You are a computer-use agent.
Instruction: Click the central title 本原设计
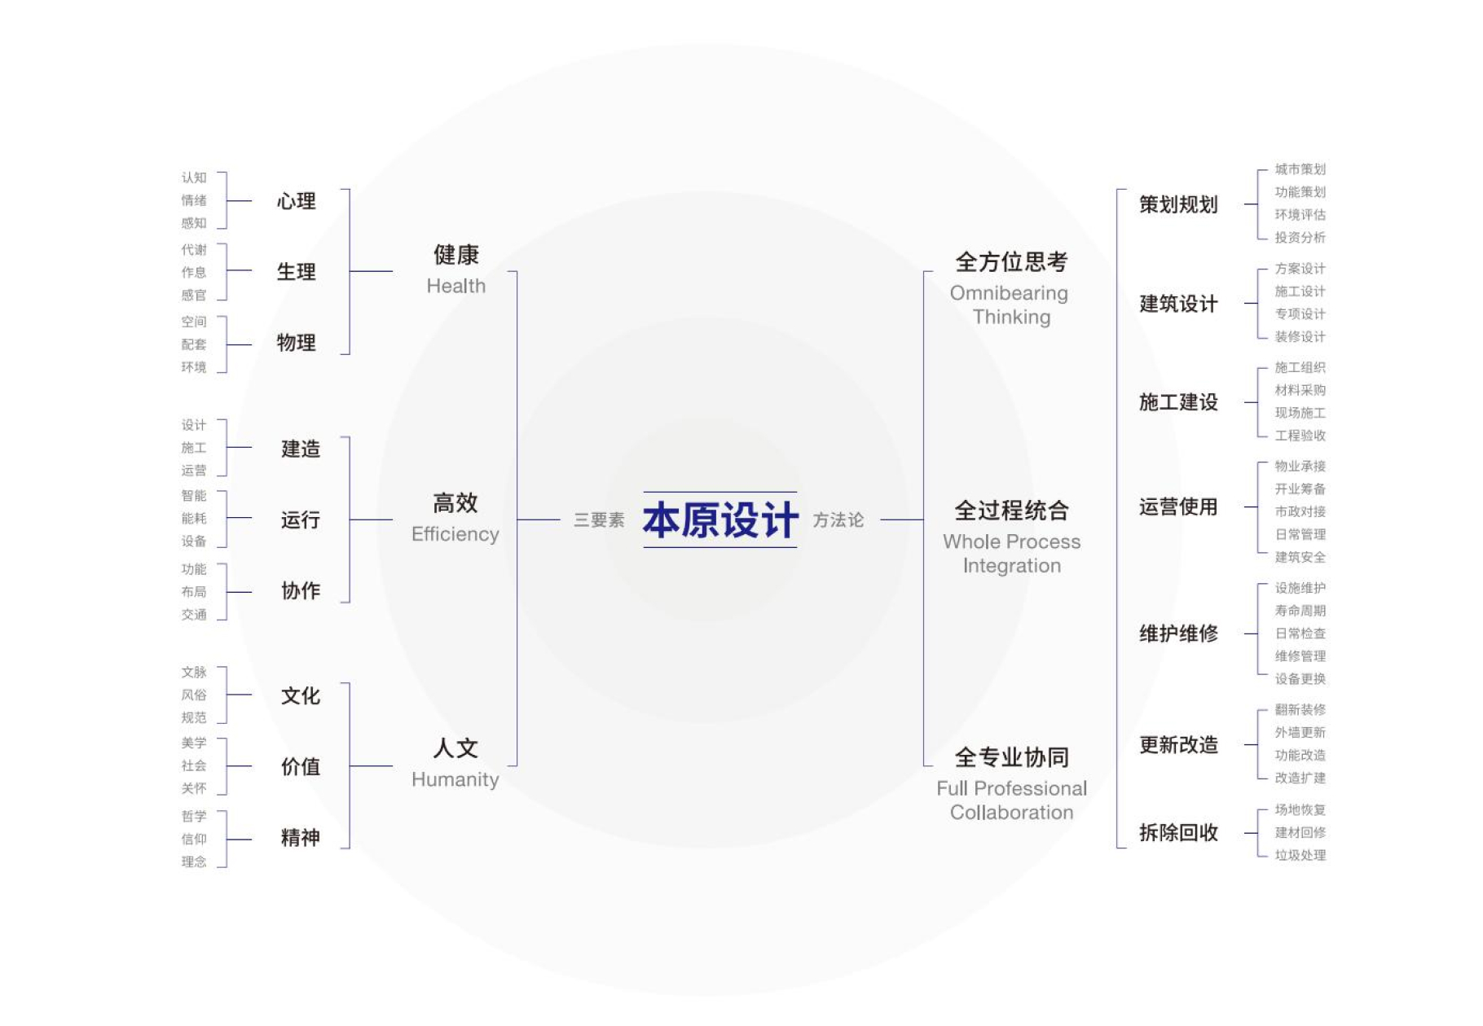pos(720,520)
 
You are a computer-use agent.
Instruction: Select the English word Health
pos(456,286)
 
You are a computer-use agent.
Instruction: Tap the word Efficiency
pos(455,534)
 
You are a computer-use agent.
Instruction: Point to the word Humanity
pos(455,779)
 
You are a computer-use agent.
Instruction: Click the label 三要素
pos(599,520)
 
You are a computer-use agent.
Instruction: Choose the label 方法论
pos(838,520)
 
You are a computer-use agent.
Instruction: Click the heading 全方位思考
pos(1011,261)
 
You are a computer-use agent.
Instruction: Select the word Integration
pos(1012,565)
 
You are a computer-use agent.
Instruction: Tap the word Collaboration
pos(1012,812)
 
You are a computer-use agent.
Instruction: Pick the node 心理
pos(297,200)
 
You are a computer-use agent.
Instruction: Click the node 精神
pos(301,837)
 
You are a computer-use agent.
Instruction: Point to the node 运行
pos(301,520)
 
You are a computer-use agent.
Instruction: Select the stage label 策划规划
pos(1178,204)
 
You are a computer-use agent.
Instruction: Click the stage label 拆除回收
pos(1178,832)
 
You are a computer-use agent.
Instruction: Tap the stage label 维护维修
pos(1178,633)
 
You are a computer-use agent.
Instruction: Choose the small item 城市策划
pos(1300,169)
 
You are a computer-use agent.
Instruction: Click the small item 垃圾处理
pos(1300,855)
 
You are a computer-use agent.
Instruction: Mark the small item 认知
pos(194,178)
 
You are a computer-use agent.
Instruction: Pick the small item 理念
pos(194,862)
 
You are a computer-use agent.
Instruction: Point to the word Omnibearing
pos(1009,293)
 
